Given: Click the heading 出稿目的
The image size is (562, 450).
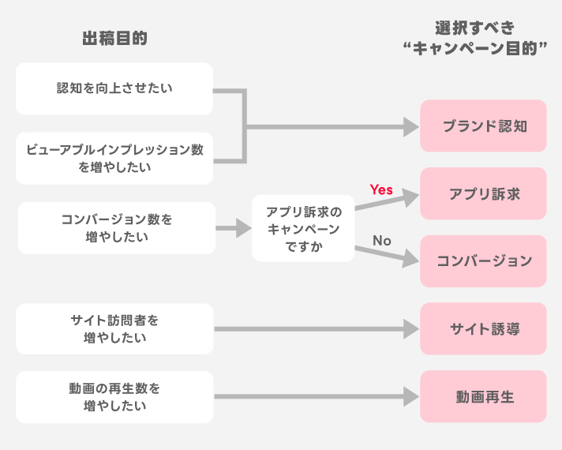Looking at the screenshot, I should click(114, 39).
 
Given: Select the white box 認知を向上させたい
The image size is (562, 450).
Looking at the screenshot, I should click(114, 88).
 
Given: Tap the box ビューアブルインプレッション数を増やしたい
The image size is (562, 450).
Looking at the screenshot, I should click(114, 158).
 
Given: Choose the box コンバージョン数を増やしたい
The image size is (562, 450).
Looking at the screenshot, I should click(116, 227).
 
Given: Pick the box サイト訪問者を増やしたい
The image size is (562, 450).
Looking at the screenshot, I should click(114, 328).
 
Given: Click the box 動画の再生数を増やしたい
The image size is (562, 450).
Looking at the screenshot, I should click(114, 397).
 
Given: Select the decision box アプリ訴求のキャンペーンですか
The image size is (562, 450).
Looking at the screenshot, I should click(304, 229).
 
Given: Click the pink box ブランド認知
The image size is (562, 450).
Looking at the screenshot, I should click(483, 126).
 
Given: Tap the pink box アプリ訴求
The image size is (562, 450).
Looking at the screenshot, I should click(483, 193).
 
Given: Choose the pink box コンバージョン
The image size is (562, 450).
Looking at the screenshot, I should click(483, 261).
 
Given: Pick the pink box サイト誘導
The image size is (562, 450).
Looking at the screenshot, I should click(483, 329).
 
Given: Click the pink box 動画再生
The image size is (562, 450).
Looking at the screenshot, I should click(483, 397).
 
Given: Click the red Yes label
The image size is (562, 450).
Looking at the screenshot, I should click(381, 189).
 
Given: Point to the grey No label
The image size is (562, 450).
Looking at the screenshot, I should click(382, 240).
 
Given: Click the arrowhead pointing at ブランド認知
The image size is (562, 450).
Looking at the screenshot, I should click(410, 126).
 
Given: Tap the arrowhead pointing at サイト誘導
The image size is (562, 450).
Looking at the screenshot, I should click(410, 329).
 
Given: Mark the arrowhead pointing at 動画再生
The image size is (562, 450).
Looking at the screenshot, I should click(410, 397).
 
